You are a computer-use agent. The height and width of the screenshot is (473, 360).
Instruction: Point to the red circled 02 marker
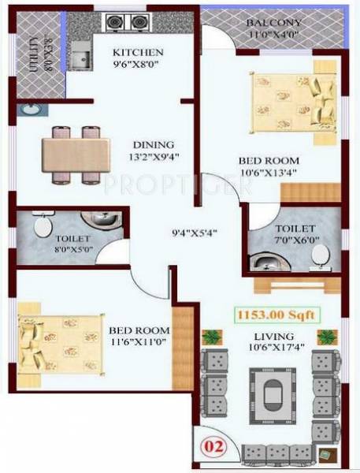tap(213, 446)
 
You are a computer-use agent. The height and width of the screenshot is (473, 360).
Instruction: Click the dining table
tap(76, 149)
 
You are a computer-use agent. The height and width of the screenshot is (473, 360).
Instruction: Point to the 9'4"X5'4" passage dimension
tap(195, 233)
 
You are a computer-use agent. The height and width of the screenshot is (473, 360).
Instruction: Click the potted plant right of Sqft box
tap(325, 337)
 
